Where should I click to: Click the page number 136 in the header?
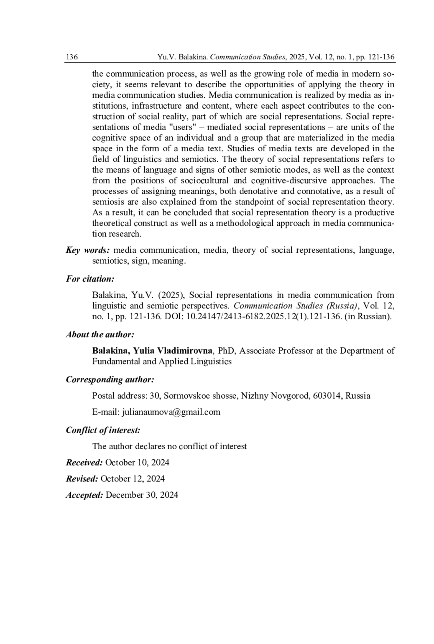click(72, 57)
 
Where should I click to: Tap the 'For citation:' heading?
click(90, 279)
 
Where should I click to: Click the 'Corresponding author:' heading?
click(110, 379)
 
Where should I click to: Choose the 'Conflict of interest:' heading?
click(103, 430)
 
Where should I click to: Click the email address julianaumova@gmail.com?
click(171, 412)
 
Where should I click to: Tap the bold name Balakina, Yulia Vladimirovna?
click(152, 351)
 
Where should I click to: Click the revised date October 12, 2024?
click(132, 479)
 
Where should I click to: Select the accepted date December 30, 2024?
click(142, 495)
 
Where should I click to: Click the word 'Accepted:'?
click(85, 495)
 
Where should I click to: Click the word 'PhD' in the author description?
click(226, 351)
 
